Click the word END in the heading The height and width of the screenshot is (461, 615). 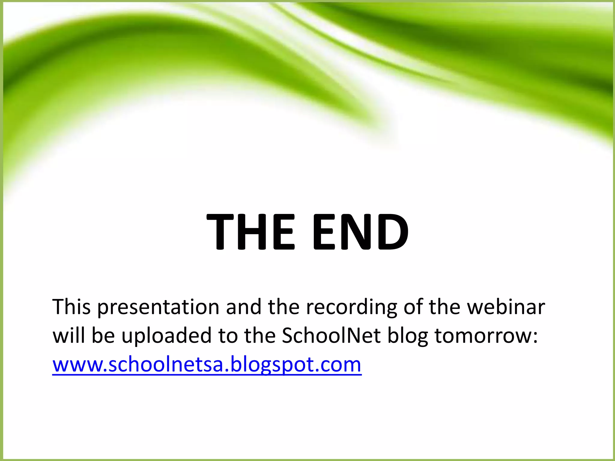pyautogui.click(x=360, y=231)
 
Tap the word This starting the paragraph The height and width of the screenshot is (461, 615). pyautogui.click(x=71, y=307)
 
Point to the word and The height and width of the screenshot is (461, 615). pyautogui.click(x=244, y=307)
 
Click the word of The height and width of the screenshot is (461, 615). pyautogui.click(x=413, y=307)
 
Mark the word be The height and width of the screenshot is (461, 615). pyautogui.click(x=103, y=336)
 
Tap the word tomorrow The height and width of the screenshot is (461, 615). pyautogui.click(x=486, y=336)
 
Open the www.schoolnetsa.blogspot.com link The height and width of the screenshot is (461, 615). pyautogui.click(x=207, y=365)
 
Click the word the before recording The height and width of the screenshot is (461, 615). pyautogui.click(x=284, y=307)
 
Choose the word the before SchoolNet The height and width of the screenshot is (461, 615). pyautogui.click(x=260, y=336)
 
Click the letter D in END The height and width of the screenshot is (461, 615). pyautogui.click(x=393, y=231)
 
